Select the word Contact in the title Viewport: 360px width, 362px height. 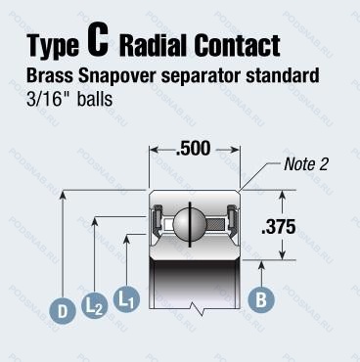tap(237, 45)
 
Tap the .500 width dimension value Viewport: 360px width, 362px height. tap(193, 149)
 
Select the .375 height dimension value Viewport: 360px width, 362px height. tap(279, 227)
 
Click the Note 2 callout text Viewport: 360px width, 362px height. tap(305, 164)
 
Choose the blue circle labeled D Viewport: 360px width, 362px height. tap(63, 311)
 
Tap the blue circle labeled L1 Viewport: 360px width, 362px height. tap(126, 298)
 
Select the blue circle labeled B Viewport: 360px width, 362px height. tap(261, 299)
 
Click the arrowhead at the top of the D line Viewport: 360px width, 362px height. tap(63, 195)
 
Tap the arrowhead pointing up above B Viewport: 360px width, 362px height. tap(261, 265)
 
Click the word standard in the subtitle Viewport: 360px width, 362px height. tap(283, 75)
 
